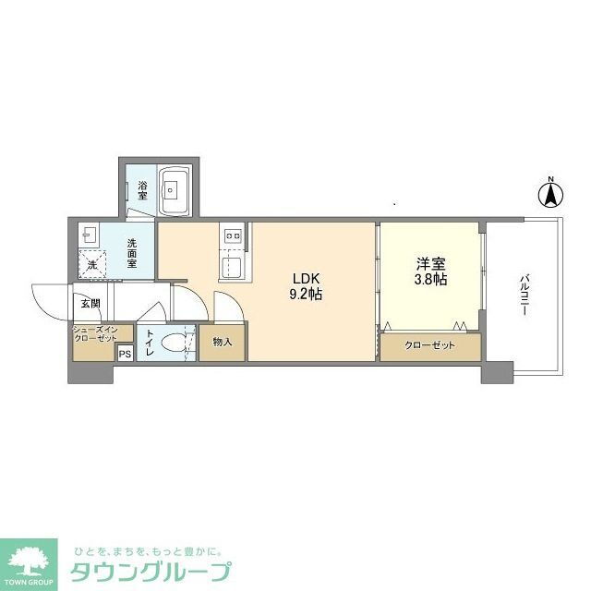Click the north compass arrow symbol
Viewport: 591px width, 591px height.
[550, 195]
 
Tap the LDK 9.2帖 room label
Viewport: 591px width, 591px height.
[306, 286]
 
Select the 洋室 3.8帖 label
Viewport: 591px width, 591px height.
[431, 271]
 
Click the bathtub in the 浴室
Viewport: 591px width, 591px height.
[175, 190]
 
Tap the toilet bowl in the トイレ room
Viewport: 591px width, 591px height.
[173, 343]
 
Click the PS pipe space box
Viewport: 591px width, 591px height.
[126, 354]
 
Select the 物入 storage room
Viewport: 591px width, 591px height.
[223, 343]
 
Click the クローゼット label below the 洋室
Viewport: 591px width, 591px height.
[429, 345]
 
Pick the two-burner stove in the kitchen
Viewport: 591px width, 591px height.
[233, 236]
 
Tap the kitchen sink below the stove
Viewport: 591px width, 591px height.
[232, 266]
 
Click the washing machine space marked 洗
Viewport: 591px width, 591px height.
[92, 265]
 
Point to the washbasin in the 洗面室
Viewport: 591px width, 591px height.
[89, 235]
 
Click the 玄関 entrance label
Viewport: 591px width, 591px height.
[90, 304]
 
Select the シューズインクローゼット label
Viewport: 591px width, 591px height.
[95, 334]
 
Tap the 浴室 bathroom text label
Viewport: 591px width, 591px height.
[142, 191]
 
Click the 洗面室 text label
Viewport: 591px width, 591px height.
[131, 253]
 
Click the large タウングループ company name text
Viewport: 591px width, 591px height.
[151, 572]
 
